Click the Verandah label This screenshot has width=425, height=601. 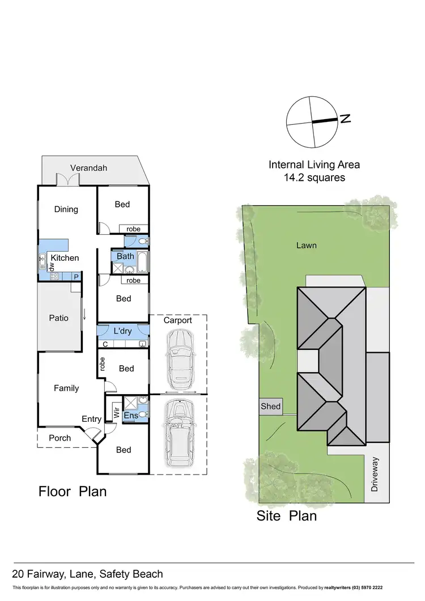tap(88, 168)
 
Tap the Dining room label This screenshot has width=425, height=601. tap(66, 209)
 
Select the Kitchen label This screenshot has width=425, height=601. tap(65, 258)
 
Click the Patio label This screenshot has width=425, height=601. tap(58, 318)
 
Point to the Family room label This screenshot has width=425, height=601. tap(66, 388)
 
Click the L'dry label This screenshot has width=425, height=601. tap(123, 331)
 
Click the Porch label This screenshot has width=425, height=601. tap(60, 438)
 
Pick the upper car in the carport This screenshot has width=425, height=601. tap(178, 357)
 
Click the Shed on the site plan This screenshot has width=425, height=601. tap(270, 407)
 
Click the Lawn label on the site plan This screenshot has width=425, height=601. tap(306, 246)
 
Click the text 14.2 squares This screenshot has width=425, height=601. tap(314, 177)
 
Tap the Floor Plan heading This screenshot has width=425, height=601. tap(73, 491)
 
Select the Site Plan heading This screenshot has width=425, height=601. tap(286, 516)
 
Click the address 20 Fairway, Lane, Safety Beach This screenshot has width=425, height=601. tap(88, 574)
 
